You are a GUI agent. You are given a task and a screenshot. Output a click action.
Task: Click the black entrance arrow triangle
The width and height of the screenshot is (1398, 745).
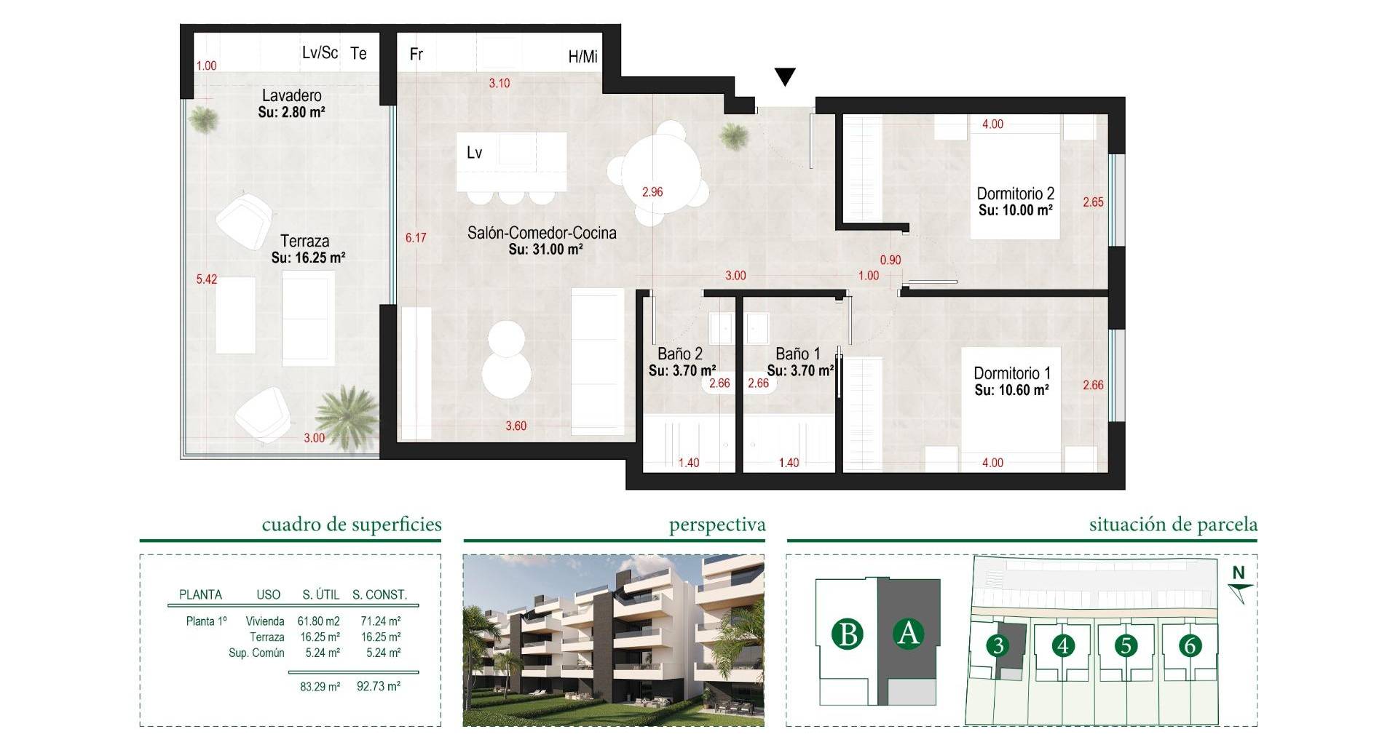pyautogui.click(x=785, y=76)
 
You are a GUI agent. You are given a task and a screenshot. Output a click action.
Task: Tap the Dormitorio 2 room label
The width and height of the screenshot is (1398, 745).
pyautogui.click(x=1015, y=194)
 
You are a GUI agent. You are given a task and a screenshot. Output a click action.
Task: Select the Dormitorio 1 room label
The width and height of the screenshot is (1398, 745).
pyautogui.click(x=1012, y=373)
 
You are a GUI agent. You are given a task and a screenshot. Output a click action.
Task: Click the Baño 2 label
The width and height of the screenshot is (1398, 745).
pyautogui.click(x=680, y=354)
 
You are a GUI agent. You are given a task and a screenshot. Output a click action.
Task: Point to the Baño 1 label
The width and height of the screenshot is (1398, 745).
pyautogui.click(x=798, y=354)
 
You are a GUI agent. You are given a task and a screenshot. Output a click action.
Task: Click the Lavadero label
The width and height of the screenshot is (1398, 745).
pyautogui.click(x=291, y=95)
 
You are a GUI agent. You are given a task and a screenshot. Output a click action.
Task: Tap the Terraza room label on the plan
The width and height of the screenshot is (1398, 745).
pyautogui.click(x=305, y=241)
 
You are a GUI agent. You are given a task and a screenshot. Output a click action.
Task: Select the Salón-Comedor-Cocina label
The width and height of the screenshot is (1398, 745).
pyautogui.click(x=542, y=233)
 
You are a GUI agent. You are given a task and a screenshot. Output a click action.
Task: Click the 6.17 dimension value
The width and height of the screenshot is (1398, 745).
pyautogui.click(x=416, y=238)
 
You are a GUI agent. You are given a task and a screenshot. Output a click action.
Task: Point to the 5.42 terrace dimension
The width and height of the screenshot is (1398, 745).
pyautogui.click(x=207, y=279)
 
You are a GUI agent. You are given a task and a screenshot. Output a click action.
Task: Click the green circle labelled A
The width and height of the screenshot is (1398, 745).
pyautogui.click(x=908, y=634)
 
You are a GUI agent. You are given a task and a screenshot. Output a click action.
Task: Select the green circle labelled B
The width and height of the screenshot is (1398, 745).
pyautogui.click(x=848, y=634)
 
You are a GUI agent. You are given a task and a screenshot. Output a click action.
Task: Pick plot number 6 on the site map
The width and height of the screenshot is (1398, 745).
pyautogui.click(x=1190, y=645)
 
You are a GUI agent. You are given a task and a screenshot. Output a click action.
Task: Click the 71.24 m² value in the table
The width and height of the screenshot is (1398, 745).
pyautogui.click(x=380, y=621)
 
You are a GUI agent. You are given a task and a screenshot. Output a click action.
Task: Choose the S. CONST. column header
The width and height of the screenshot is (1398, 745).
pyautogui.click(x=379, y=594)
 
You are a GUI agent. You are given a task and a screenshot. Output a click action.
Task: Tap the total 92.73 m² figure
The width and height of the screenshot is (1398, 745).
pyautogui.click(x=379, y=686)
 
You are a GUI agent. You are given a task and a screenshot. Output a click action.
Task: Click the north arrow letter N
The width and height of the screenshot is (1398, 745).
pyautogui.click(x=1239, y=573)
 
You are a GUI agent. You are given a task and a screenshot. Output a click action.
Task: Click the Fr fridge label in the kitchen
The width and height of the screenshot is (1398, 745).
pyautogui.click(x=416, y=55)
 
